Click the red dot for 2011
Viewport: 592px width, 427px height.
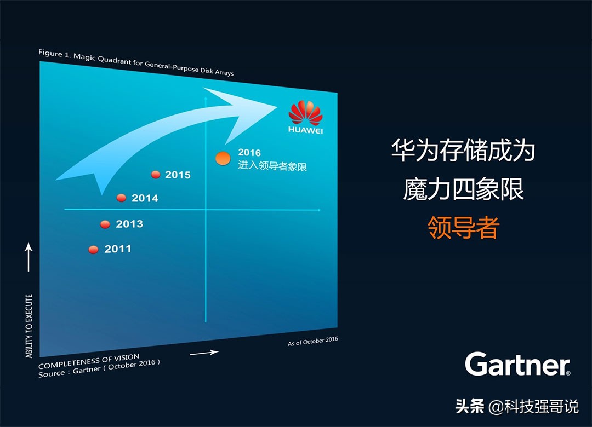click(x=93, y=250)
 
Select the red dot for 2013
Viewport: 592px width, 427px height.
click(x=105, y=224)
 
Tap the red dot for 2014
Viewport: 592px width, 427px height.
click(x=122, y=198)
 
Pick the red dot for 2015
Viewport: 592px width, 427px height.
click(x=156, y=175)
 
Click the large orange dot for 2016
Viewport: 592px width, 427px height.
click(x=223, y=159)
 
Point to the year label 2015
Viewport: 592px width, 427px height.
click(x=178, y=175)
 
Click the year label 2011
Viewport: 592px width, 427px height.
click(x=118, y=249)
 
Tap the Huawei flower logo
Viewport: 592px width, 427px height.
click(x=305, y=113)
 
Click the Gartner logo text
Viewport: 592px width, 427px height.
click(x=517, y=364)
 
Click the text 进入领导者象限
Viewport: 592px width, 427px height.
click(x=272, y=165)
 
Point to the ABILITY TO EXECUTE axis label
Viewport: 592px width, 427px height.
click(x=29, y=326)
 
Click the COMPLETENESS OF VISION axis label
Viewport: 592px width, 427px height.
click(x=89, y=362)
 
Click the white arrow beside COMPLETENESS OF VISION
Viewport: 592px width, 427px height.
click(x=204, y=353)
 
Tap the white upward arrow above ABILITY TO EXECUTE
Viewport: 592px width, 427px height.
click(x=29, y=257)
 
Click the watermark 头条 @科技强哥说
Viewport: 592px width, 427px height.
click(x=516, y=406)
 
